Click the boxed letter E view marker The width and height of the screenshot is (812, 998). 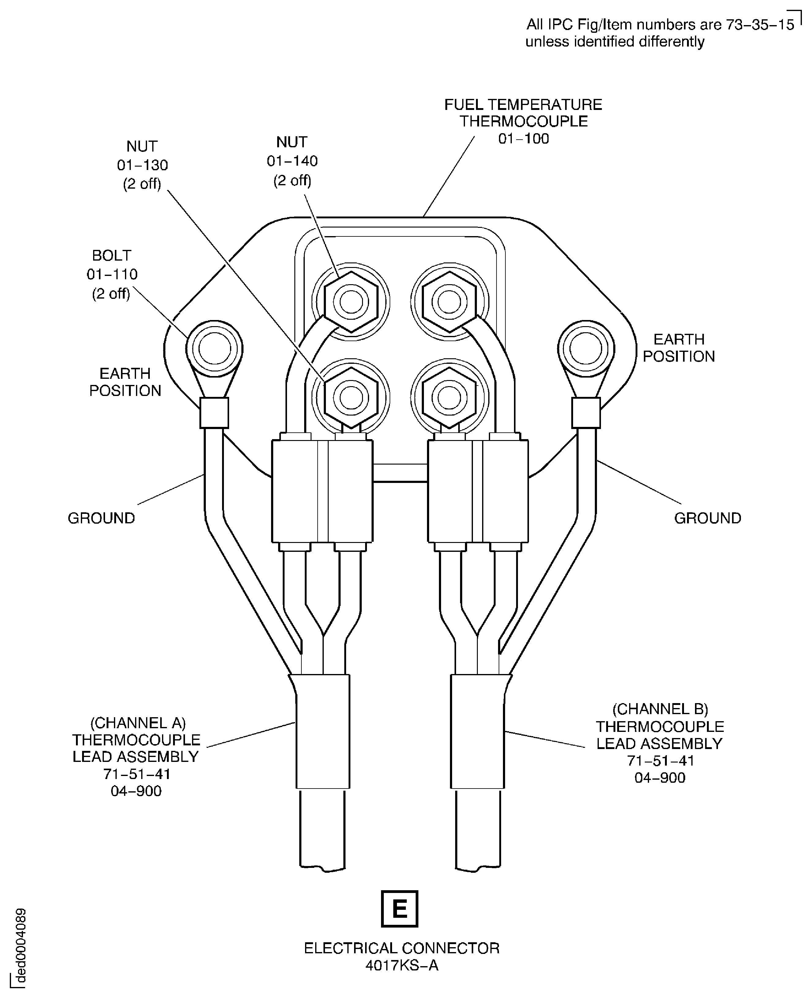tap(399, 909)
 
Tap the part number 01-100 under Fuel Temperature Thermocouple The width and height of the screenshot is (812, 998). tap(523, 139)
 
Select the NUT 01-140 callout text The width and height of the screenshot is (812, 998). tap(292, 161)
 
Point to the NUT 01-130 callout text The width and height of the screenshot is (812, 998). tap(142, 165)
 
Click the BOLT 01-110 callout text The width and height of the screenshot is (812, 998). tap(112, 274)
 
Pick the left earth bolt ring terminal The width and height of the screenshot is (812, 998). tap(214, 349)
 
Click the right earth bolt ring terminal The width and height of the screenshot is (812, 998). tap(586, 349)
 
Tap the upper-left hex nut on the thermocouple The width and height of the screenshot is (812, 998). tap(351, 302)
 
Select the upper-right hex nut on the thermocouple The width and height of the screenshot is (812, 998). tap(450, 302)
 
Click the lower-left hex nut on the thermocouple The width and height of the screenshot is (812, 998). tap(351, 397)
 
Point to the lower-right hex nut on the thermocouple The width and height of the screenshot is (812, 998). tap(450, 397)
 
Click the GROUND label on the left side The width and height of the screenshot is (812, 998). tap(101, 518)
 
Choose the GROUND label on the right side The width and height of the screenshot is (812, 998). tap(708, 518)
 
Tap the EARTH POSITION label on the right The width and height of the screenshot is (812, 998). tap(679, 348)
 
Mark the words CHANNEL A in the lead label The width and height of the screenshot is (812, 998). tap(138, 723)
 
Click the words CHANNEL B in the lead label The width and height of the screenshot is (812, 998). tap(660, 709)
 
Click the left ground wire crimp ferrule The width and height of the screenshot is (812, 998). tap(214, 413)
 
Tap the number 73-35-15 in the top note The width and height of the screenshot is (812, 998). tap(760, 24)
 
